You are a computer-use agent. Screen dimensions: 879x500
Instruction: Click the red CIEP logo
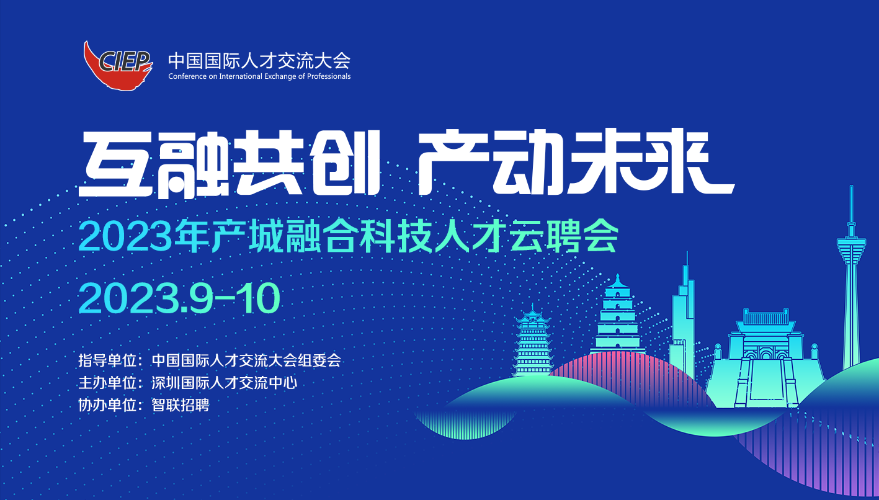coord(118,66)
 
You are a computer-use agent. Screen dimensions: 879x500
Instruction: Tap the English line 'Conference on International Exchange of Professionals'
coord(259,76)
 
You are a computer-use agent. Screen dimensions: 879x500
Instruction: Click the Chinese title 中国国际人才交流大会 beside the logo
coord(259,60)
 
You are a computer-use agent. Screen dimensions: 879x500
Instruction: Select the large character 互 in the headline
coord(116,164)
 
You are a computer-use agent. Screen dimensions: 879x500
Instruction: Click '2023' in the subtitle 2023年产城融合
coord(125,236)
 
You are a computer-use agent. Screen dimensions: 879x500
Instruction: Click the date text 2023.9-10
coord(179,298)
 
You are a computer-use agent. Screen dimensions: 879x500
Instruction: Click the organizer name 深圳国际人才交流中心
coord(224,383)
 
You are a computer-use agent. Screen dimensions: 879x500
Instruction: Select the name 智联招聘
coord(181,405)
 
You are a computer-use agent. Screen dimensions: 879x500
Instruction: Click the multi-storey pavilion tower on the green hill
coord(532,341)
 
